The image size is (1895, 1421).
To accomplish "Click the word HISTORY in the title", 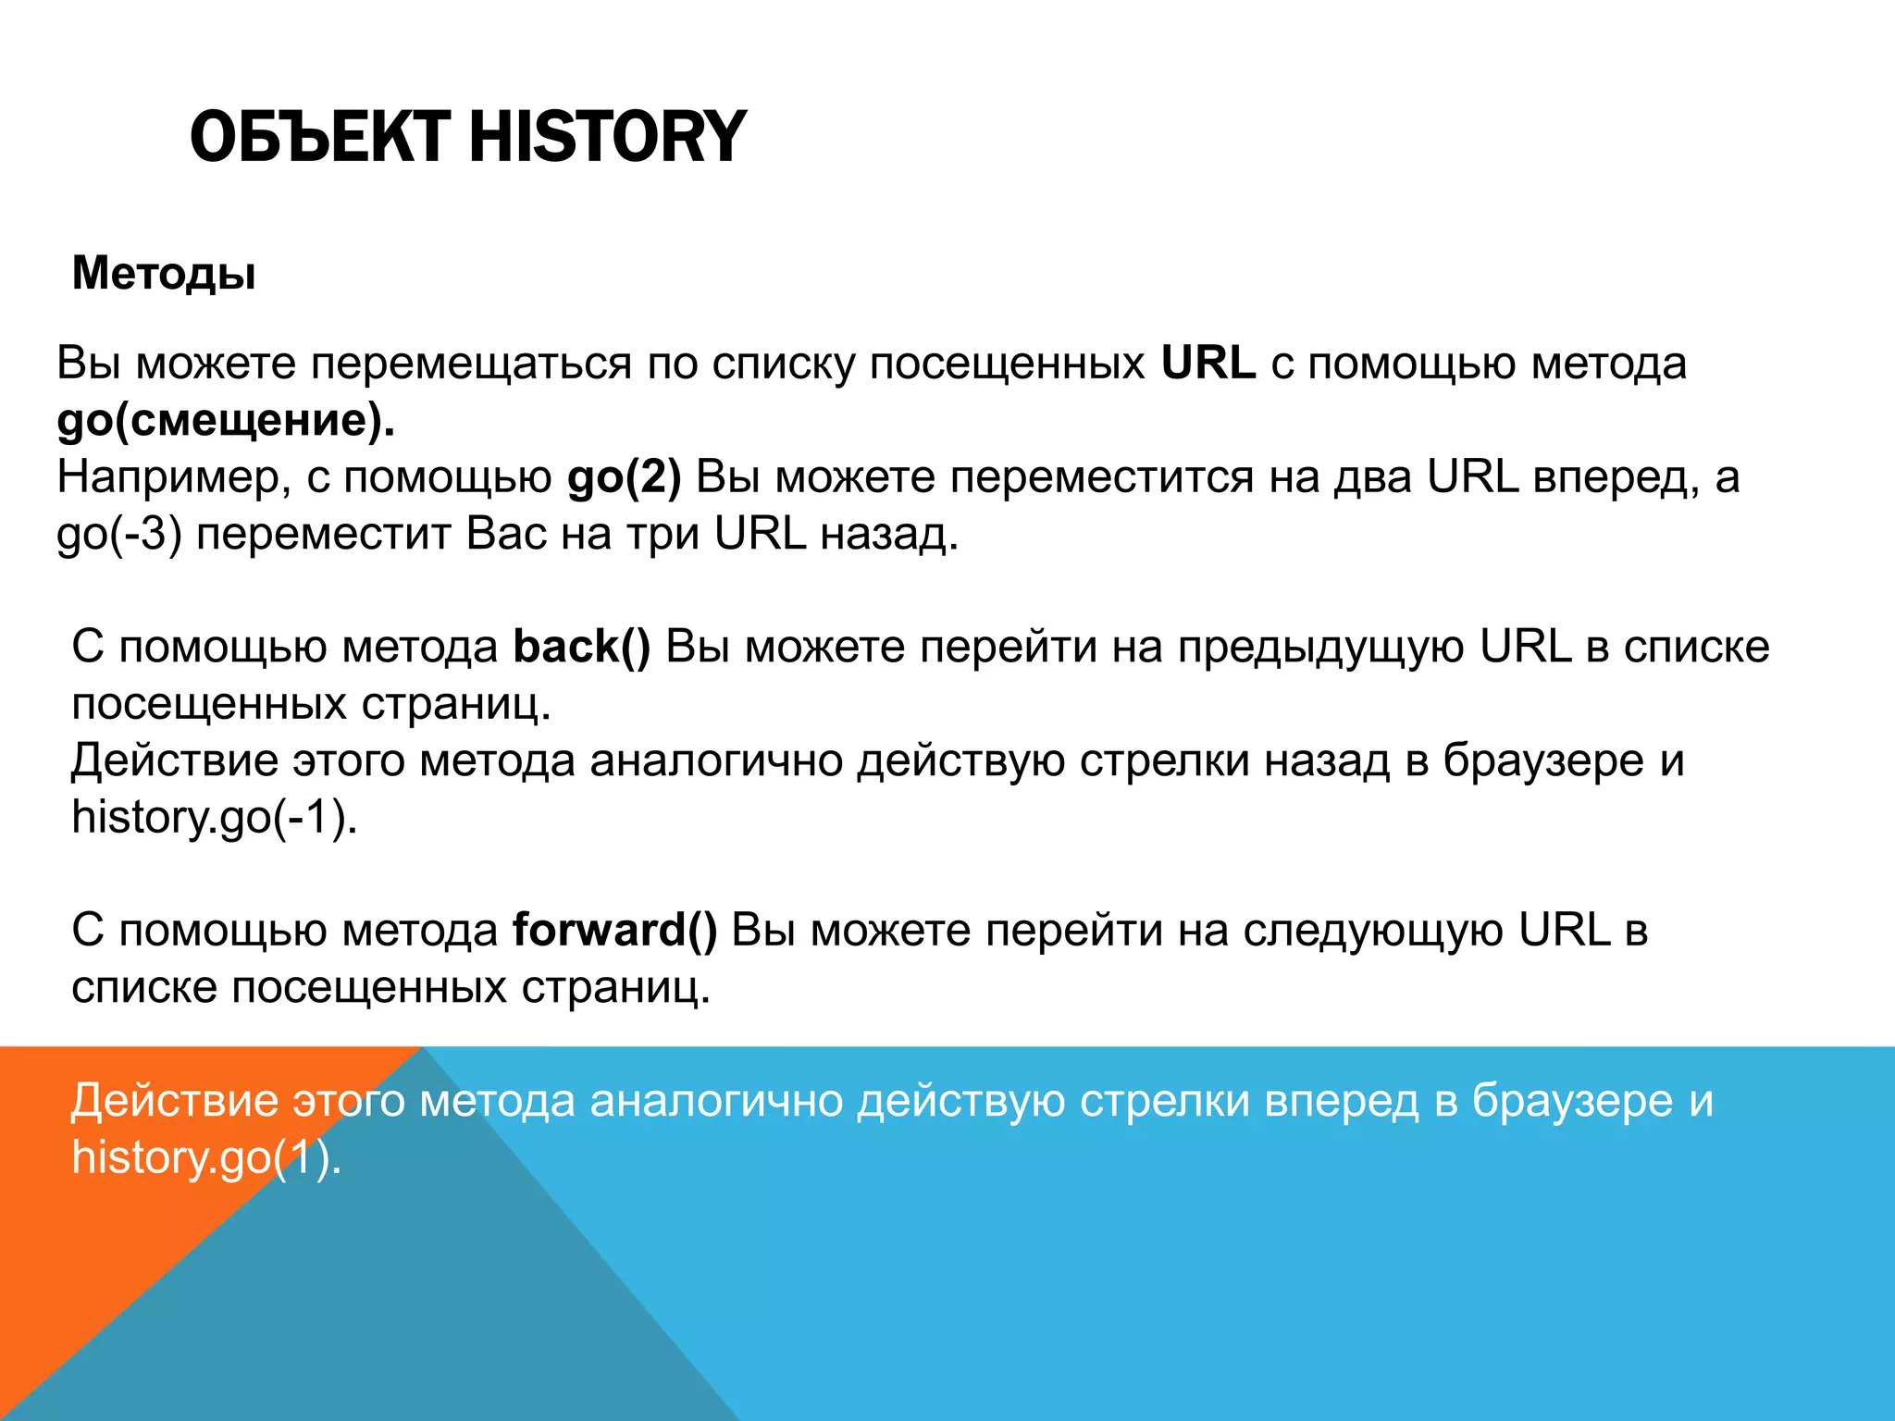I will click(607, 137).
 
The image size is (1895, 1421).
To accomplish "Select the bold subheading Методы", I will click(164, 274).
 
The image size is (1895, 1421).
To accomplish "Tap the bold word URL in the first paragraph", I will click(1208, 363).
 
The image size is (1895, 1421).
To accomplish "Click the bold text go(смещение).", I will click(226, 420).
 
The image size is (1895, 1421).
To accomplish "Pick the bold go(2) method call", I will click(624, 477).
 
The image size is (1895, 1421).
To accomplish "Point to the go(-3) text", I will click(118, 535).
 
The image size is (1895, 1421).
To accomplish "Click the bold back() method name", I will click(581, 647).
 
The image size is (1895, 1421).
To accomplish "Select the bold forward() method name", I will click(614, 930).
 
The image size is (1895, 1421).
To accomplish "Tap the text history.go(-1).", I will click(214, 818).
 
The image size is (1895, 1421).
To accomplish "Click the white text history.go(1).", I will click(206, 1157).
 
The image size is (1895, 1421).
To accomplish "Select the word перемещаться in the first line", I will click(470, 363).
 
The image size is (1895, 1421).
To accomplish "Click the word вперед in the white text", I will click(1341, 1101).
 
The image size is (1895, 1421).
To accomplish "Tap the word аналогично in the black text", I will click(715, 760).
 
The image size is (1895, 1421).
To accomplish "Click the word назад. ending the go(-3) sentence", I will click(889, 535).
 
